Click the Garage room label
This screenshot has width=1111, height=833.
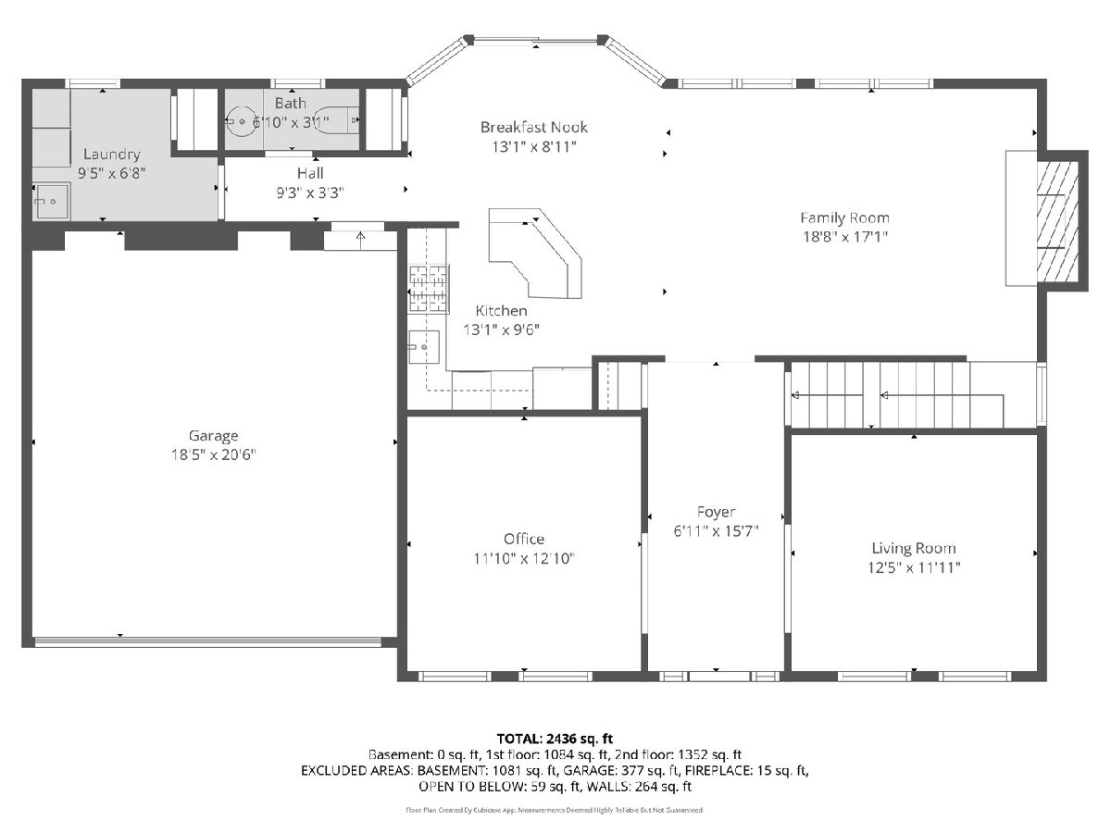click(x=213, y=436)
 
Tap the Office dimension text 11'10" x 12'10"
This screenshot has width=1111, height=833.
click(x=524, y=558)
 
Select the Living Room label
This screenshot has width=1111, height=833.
click(x=914, y=548)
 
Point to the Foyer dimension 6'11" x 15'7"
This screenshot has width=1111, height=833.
click(x=716, y=531)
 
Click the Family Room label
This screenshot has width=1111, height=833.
click(x=844, y=218)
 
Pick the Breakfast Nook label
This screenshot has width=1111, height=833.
click(x=534, y=127)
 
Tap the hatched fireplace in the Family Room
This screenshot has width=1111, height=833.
click(x=1057, y=221)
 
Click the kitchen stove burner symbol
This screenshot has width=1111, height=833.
click(x=429, y=288)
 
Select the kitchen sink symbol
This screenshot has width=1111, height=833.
click(x=424, y=347)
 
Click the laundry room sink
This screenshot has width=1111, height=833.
click(x=51, y=201)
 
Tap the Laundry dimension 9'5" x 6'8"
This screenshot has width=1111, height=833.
click(x=111, y=173)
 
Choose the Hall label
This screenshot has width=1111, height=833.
click(x=310, y=173)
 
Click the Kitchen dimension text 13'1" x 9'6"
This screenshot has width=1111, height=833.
click(x=501, y=329)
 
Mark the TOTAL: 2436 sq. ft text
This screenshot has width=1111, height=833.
click(x=555, y=739)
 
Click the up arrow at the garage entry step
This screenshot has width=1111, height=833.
click(x=360, y=241)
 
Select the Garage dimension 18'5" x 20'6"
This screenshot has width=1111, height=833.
click(x=213, y=455)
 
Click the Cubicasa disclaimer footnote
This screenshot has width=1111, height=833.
click(x=555, y=810)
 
